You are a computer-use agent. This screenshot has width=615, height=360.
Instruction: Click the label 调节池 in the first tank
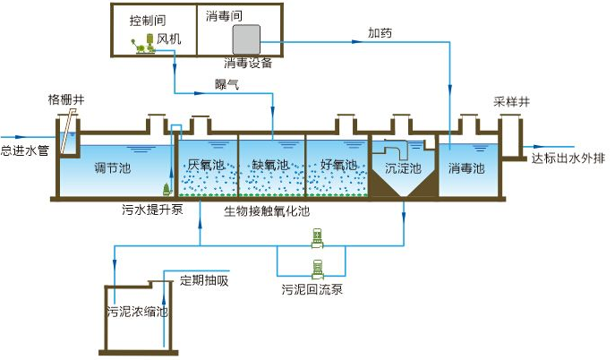(x=114, y=167)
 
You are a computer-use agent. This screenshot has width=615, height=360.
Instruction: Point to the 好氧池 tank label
(x=338, y=165)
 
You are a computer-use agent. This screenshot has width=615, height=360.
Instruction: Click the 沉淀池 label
(x=402, y=167)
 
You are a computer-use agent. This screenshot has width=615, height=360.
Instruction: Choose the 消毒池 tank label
(x=466, y=167)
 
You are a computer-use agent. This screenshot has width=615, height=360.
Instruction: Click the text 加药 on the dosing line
(x=379, y=32)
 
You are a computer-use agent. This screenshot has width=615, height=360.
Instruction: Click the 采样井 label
(x=511, y=101)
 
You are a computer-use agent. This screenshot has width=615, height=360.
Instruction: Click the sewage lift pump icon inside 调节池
(x=167, y=189)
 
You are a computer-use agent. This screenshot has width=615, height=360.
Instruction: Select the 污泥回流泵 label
(x=313, y=290)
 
